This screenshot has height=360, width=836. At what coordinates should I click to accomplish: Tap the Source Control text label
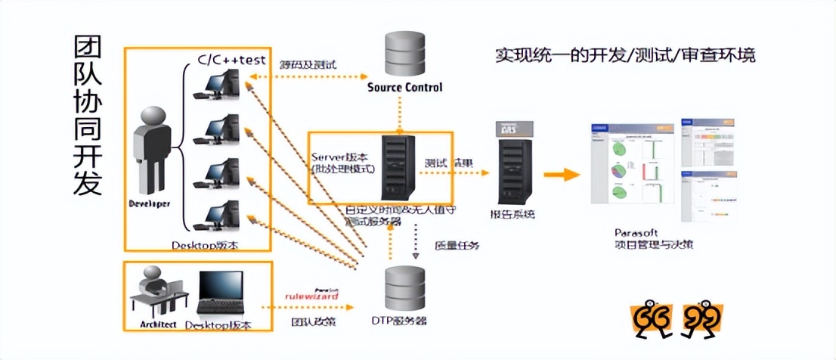(x=404, y=87)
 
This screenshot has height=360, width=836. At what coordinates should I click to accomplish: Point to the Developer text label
(x=149, y=204)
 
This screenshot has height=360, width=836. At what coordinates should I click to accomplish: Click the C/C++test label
(x=231, y=59)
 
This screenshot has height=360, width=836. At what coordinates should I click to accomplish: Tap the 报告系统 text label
(x=512, y=214)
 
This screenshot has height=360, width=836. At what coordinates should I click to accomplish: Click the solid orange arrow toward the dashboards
(x=561, y=175)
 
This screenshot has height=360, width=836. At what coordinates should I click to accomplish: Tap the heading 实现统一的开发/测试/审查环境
(x=625, y=55)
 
